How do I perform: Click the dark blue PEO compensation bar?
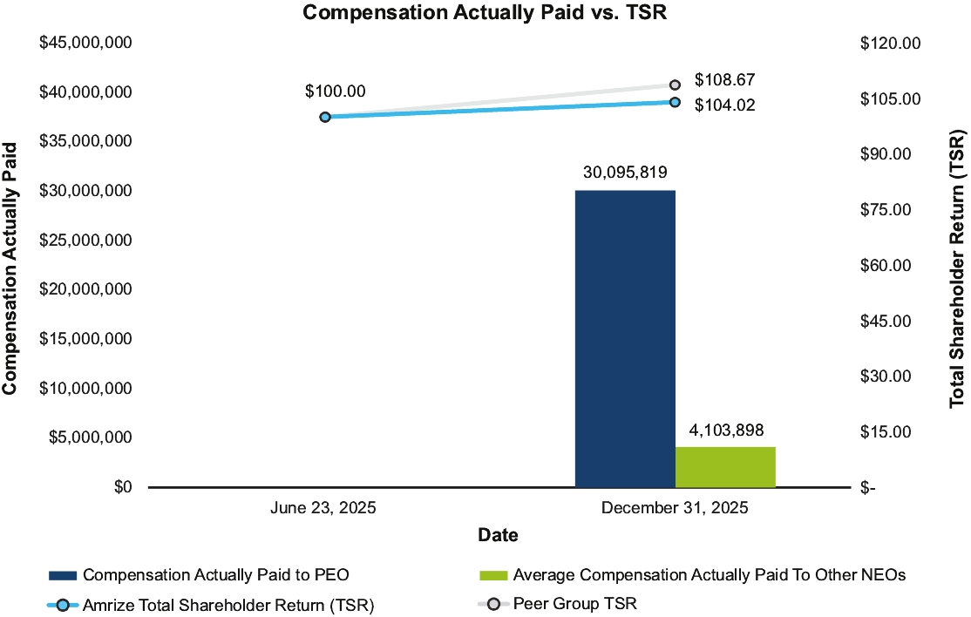(x=625, y=338)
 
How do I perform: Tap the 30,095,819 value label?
(x=625, y=173)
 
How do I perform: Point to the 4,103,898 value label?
(x=725, y=430)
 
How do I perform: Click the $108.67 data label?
(x=724, y=80)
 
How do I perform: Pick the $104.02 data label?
(x=724, y=105)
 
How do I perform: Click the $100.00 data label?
(x=336, y=91)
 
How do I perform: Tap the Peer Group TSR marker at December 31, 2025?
(x=675, y=85)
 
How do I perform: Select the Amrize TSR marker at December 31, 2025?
(x=675, y=102)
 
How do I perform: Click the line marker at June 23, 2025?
(x=325, y=117)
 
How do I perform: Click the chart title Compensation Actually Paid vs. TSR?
(x=485, y=13)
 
